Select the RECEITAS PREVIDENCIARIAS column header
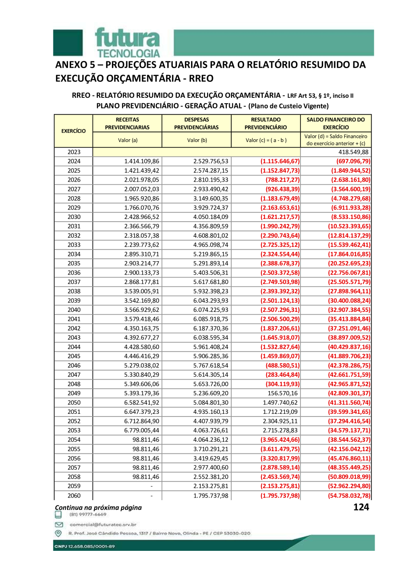coord(127,123)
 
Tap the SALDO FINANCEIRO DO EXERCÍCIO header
coord(336,123)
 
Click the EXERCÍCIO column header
coord(73,131)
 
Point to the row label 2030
coord(74,217)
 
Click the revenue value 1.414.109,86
coord(142,162)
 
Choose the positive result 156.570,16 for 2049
coord(281,393)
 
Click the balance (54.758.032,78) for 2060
coord(342,496)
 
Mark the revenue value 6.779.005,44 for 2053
coord(142,431)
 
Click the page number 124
coord(361,507)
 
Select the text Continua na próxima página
coord(98,507)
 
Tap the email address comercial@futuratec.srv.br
coord(102,525)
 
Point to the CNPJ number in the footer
coord(85,546)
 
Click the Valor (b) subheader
coord(196,140)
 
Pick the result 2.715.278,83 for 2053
coord(281,431)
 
